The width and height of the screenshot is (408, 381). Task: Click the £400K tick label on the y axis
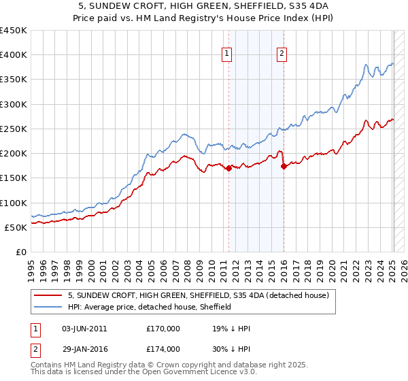tap(14, 55)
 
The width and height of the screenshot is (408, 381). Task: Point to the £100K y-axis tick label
tap(14, 203)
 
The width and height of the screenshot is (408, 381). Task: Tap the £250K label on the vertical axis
tap(14, 129)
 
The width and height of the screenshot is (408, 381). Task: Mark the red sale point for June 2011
tap(228, 169)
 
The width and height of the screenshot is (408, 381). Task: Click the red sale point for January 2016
tap(284, 167)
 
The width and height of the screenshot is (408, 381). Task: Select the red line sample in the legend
tap(48, 295)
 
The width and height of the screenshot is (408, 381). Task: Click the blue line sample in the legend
tap(48, 307)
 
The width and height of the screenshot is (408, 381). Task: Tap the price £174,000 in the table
tap(163, 348)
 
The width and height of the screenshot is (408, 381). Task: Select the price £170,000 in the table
tap(163, 329)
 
